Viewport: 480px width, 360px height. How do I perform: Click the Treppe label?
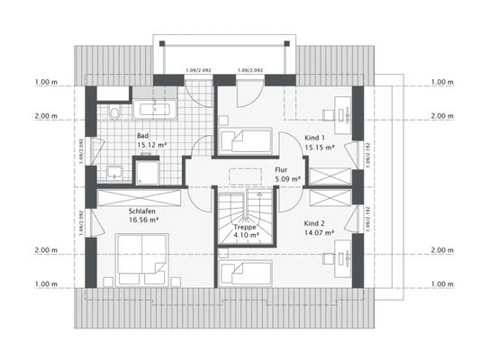tap(246, 229)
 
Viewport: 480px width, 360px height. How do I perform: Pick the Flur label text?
tap(280, 168)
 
